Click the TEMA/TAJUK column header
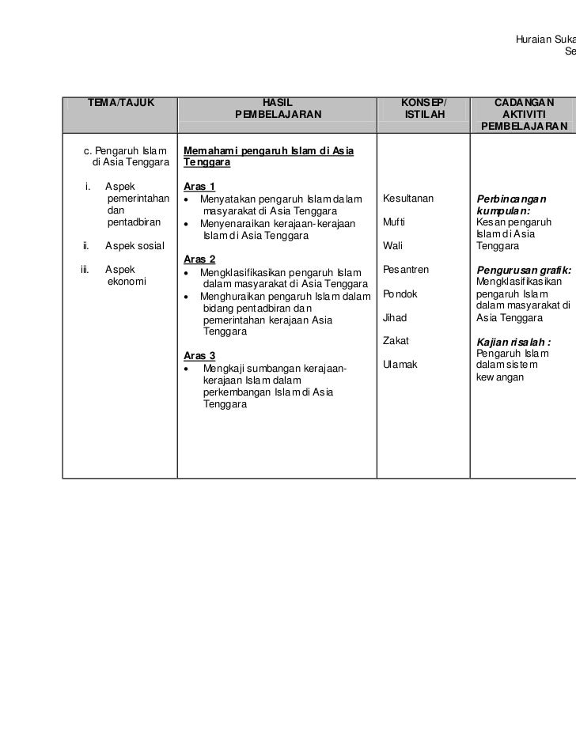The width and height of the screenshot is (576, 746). pyautogui.click(x=120, y=103)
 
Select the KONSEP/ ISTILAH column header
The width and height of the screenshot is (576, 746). pyautogui.click(x=423, y=108)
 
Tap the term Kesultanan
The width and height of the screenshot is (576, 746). pyautogui.click(x=408, y=198)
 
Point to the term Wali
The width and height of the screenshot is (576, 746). pyautogui.click(x=392, y=246)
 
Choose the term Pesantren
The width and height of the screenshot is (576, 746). pyautogui.click(x=406, y=270)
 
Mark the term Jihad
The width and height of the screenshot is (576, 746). pyautogui.click(x=395, y=318)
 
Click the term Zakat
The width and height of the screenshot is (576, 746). pyautogui.click(x=396, y=341)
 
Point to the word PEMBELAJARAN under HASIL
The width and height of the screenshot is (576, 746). pyautogui.click(x=279, y=115)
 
